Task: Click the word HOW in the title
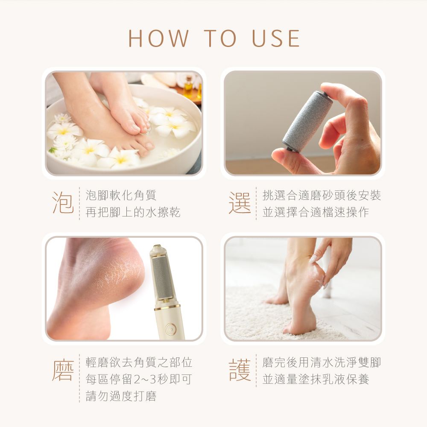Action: pyautogui.click(x=158, y=38)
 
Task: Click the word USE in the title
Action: pyautogui.click(x=276, y=38)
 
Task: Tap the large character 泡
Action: pyautogui.click(x=63, y=202)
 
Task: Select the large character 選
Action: pyautogui.click(x=240, y=202)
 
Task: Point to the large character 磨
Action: pyautogui.click(x=63, y=370)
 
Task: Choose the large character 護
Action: pyautogui.click(x=240, y=370)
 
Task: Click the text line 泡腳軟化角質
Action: pyautogui.click(x=121, y=195)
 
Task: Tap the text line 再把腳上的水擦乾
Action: pyautogui.click(x=133, y=212)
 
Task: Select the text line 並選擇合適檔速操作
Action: pyautogui.click(x=316, y=212)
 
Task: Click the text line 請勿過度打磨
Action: pyautogui.click(x=121, y=396)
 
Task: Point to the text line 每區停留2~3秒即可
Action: pyautogui.click(x=139, y=379)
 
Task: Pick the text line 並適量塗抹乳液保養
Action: pyautogui.click(x=316, y=379)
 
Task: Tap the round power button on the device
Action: pyautogui.click(x=170, y=329)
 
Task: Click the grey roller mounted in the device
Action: pyautogui.click(x=162, y=277)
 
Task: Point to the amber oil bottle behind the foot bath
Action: pyautogui.click(x=188, y=87)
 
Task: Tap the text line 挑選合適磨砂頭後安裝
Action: pyautogui.click(x=322, y=195)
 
